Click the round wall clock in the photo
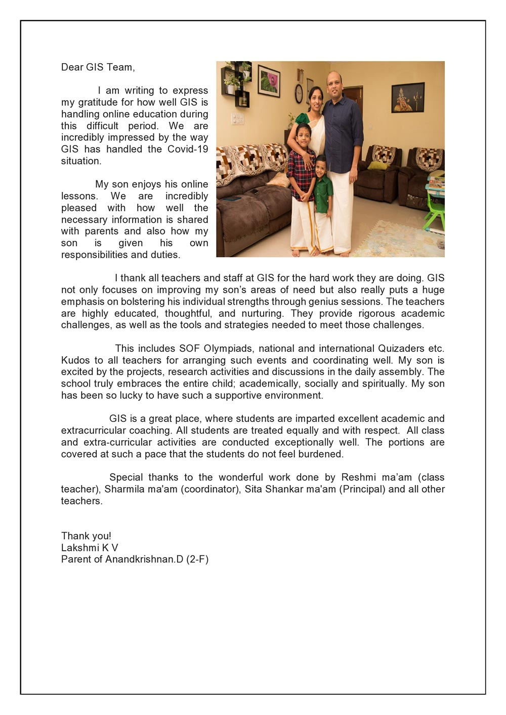click(299, 93)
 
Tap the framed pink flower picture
click(269, 81)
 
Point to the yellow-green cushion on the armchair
click(377, 165)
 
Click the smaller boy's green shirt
click(323, 195)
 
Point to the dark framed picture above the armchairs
click(408, 98)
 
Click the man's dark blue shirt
click(343, 131)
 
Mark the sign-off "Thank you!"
click(86, 536)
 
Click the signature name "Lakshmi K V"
click(90, 548)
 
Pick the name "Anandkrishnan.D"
click(144, 559)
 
